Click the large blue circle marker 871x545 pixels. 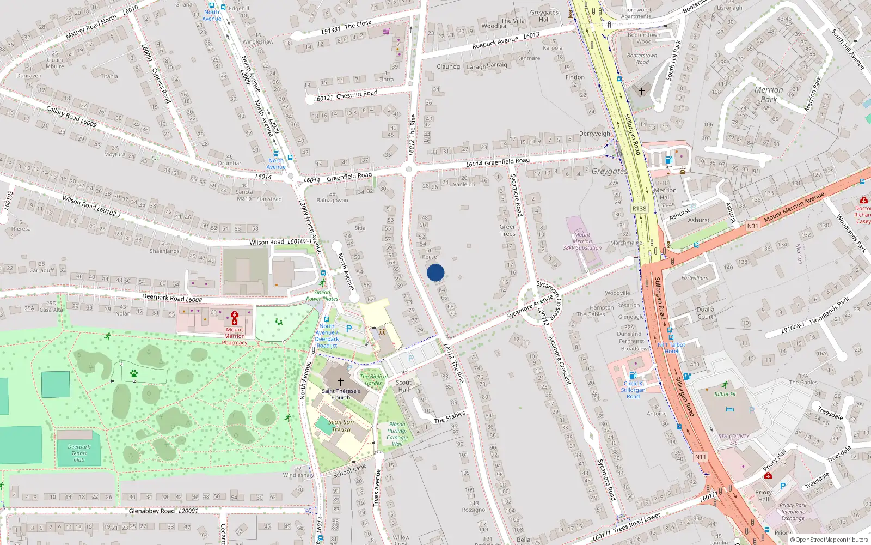click(x=436, y=272)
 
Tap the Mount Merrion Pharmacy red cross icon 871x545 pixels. click(x=235, y=318)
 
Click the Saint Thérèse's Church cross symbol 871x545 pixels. click(x=341, y=382)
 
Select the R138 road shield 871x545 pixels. click(x=639, y=209)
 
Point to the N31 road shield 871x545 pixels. click(x=752, y=226)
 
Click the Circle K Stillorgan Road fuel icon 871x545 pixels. click(x=633, y=375)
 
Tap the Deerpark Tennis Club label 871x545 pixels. click(x=79, y=453)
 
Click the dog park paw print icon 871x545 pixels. click(x=134, y=373)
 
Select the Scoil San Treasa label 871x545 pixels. click(x=341, y=426)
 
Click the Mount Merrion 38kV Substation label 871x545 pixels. click(x=582, y=241)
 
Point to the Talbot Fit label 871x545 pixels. click(x=725, y=394)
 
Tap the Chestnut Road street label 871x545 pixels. click(x=357, y=95)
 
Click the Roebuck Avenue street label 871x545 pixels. click(x=495, y=42)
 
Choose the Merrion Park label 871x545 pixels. click(x=769, y=94)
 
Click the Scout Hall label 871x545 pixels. click(x=403, y=386)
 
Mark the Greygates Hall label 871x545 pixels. click(x=544, y=16)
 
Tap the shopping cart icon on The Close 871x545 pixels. click(x=386, y=31)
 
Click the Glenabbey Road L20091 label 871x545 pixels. click(x=163, y=511)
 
